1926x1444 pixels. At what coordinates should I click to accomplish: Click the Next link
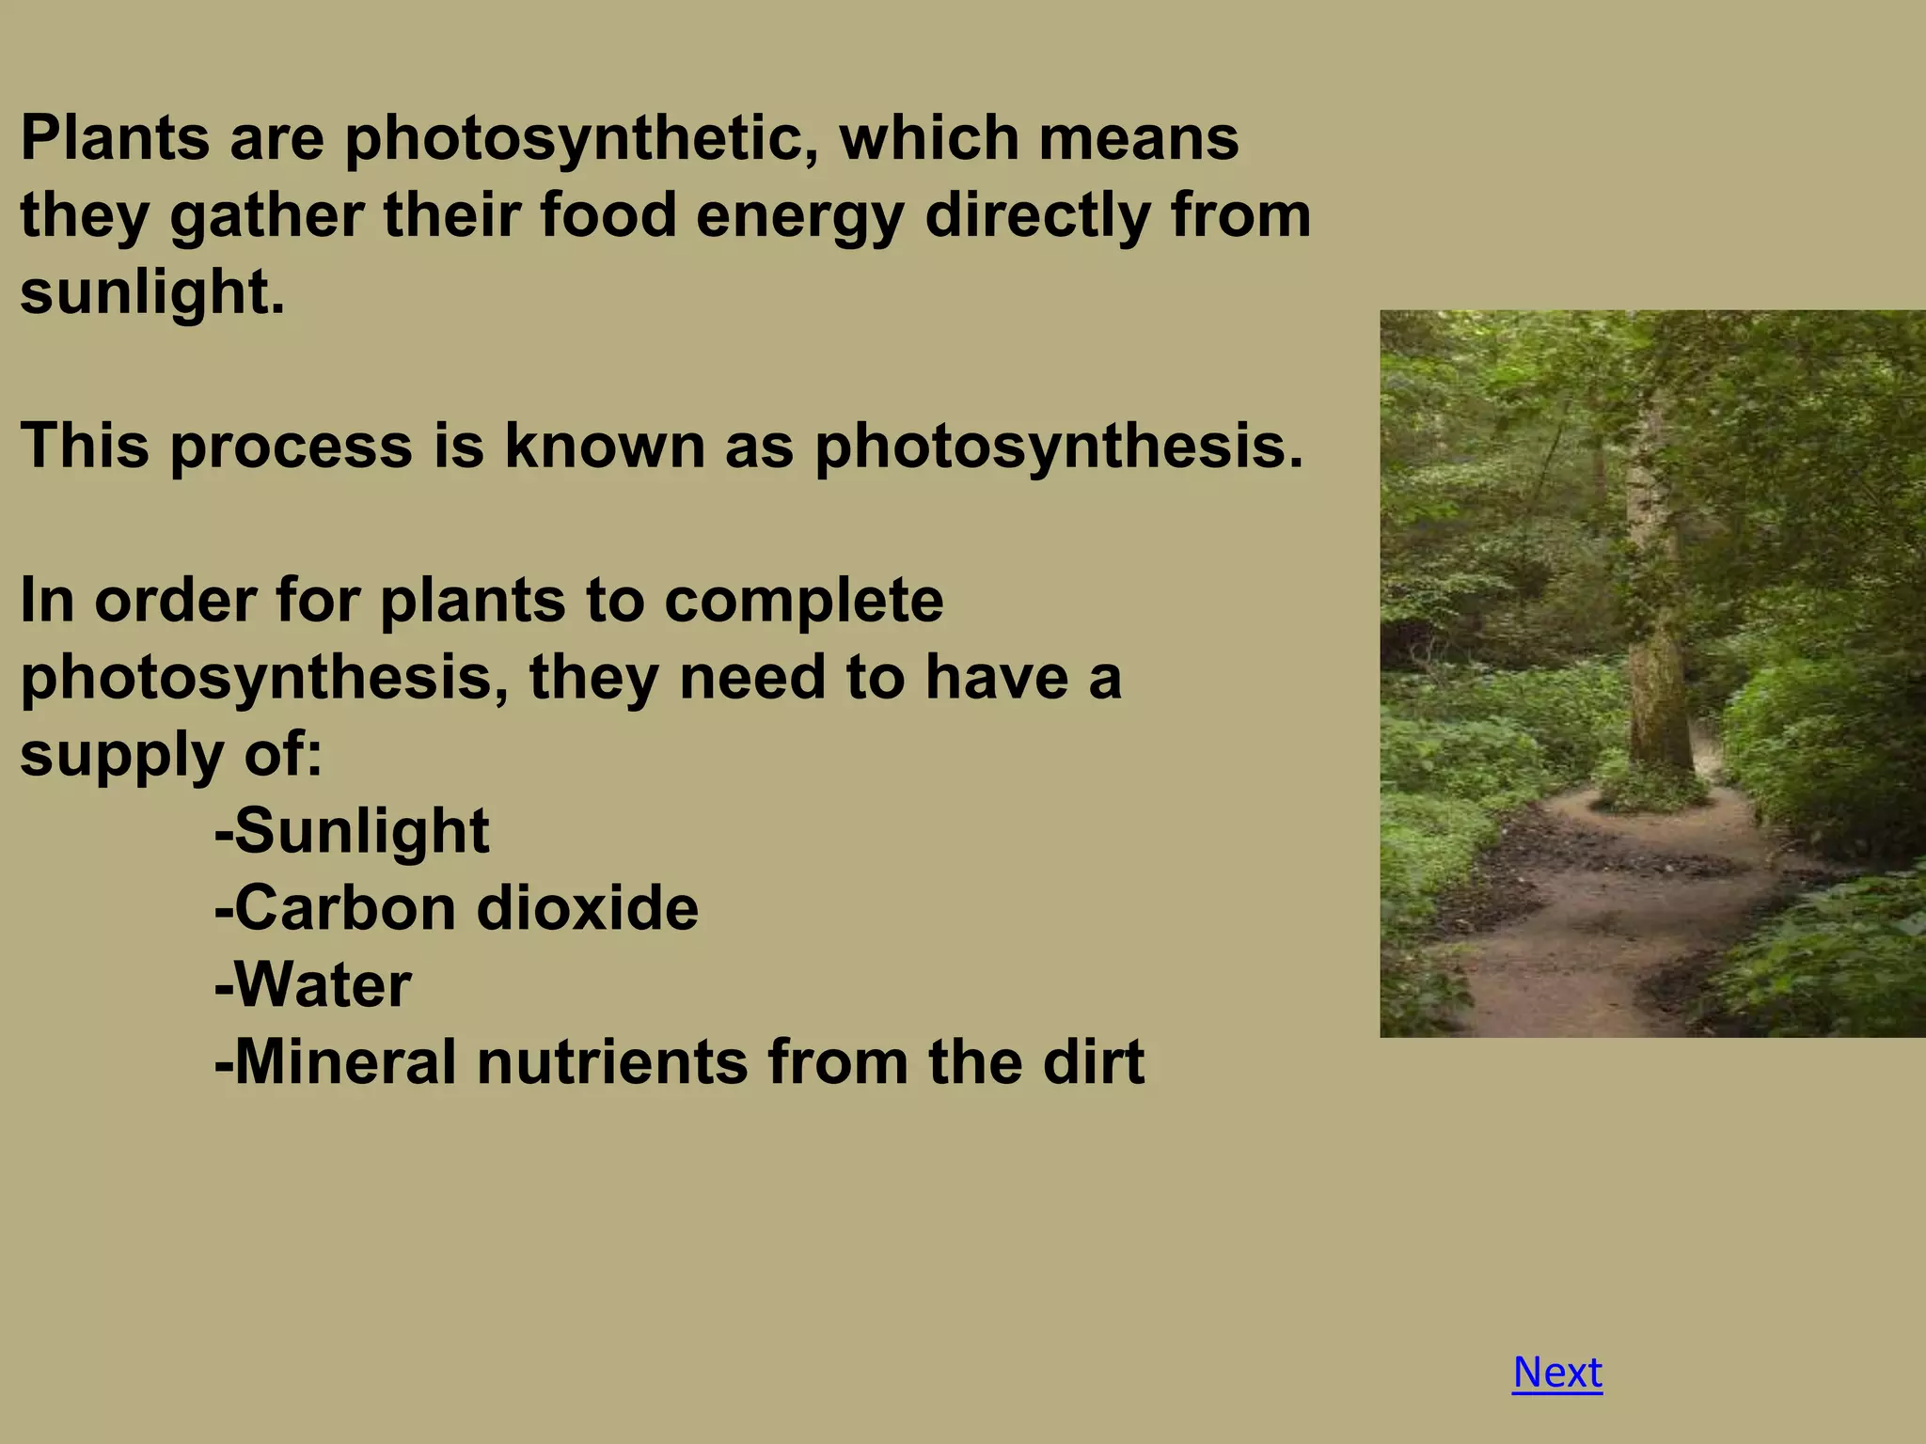[1556, 1373]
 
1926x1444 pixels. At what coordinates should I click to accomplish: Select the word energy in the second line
[799, 216]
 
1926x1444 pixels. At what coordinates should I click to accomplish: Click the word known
[604, 446]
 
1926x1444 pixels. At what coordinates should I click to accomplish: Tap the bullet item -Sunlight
[352, 832]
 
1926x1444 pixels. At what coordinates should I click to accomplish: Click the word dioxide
[588, 908]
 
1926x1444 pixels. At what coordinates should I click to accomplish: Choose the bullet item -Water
[313, 985]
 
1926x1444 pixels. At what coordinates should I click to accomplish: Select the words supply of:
[171, 755]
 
